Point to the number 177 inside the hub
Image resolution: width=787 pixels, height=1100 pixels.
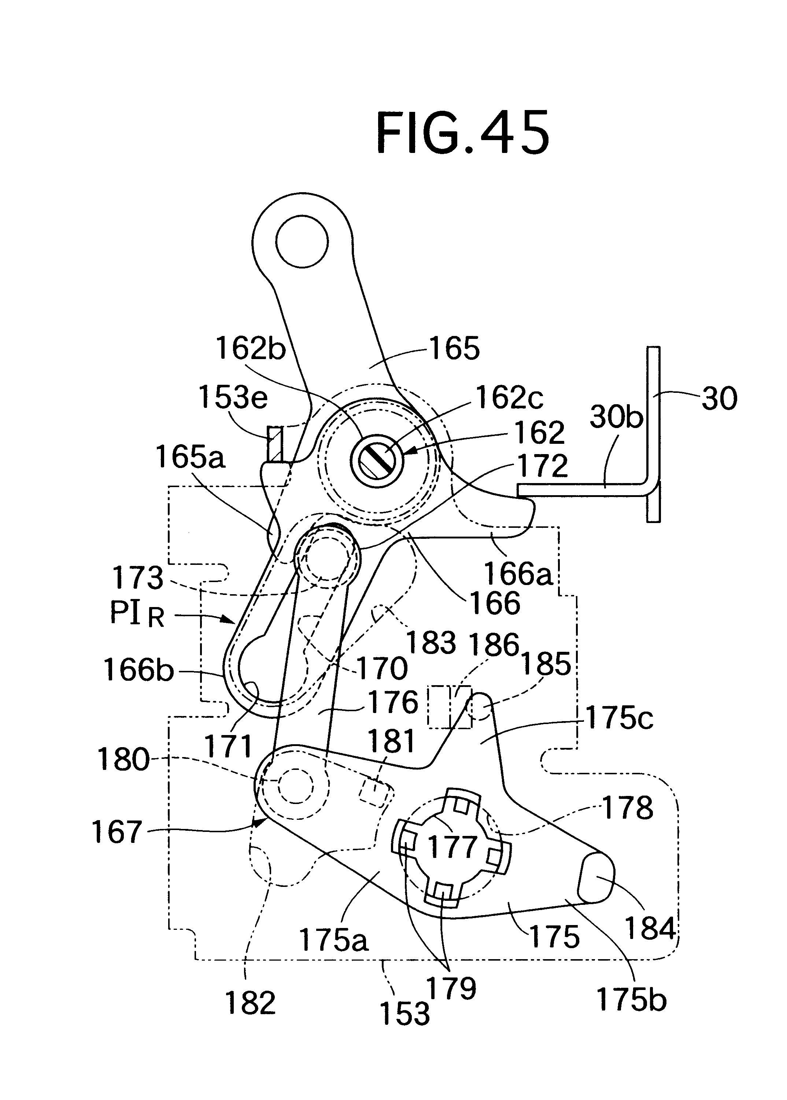tap(452, 846)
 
